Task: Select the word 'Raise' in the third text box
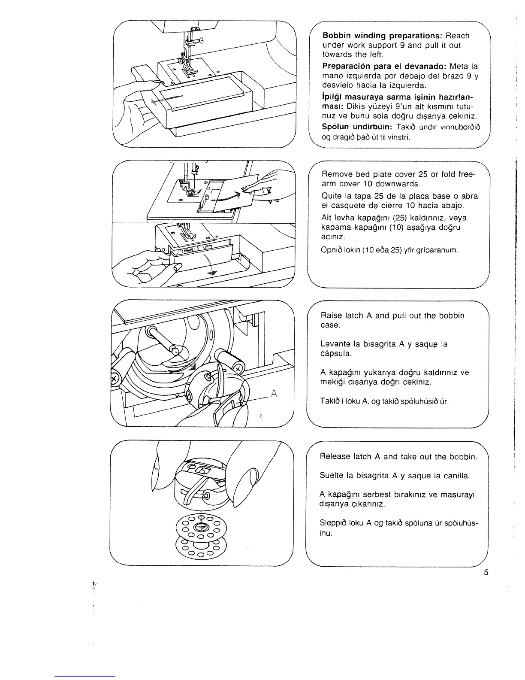click(x=331, y=316)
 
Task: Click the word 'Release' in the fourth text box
click(x=335, y=456)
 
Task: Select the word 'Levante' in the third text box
click(x=335, y=344)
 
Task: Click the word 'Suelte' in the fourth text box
click(x=332, y=475)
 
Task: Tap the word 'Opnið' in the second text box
click(x=332, y=249)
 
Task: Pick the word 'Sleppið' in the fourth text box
click(x=334, y=523)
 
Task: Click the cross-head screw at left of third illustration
click(x=115, y=379)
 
